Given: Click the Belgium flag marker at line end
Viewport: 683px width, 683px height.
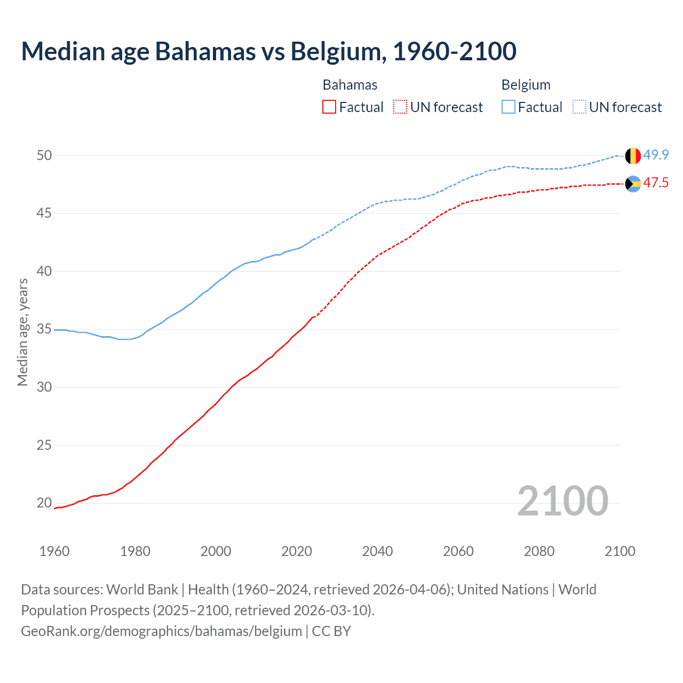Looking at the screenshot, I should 633,156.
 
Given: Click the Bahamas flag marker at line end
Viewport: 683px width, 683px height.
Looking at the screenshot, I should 633,184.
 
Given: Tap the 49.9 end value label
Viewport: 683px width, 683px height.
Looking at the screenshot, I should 656,155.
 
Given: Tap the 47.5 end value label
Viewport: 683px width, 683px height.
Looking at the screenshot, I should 656,182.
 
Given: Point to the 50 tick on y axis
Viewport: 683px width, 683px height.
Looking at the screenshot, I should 44,155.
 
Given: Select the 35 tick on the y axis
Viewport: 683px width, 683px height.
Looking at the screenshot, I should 44,329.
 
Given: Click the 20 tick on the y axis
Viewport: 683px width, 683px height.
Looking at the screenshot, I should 44,503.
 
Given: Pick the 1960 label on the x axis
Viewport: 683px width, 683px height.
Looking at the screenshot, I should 54,551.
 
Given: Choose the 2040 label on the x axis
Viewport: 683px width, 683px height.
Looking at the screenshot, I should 377,551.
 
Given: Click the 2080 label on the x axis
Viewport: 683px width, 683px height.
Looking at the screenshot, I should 539,551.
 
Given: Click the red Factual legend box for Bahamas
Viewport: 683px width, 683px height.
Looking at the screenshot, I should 329,107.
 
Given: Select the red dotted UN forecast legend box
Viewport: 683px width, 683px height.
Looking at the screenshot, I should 400,107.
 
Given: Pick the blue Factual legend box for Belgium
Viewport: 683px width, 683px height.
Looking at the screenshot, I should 509,107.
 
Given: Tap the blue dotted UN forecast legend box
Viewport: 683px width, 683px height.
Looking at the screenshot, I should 579,107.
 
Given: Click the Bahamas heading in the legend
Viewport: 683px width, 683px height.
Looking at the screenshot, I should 350,85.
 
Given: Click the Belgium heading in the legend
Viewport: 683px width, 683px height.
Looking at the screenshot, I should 526,85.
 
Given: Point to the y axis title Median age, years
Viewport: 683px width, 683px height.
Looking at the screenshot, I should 22,332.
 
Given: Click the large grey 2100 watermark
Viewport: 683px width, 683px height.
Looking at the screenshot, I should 562,501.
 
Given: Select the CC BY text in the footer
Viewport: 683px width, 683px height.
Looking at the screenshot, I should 331,631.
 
